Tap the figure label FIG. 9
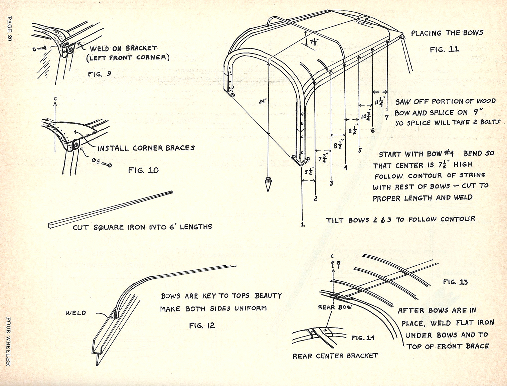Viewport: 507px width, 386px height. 100,74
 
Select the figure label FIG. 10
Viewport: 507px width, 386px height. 143,170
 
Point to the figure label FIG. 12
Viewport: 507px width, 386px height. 202,326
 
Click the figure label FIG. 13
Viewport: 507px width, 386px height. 455,282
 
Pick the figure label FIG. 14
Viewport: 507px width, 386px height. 362,338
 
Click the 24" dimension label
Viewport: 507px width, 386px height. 263,101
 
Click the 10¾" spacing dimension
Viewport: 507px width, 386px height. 366,116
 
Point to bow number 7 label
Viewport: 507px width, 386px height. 387,117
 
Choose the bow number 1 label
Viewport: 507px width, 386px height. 302,224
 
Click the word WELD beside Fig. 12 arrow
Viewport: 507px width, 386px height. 75,313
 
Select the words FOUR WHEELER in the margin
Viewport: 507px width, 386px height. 9,341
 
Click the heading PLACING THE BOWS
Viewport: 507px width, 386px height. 447,33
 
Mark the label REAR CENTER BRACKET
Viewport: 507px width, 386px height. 335,356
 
